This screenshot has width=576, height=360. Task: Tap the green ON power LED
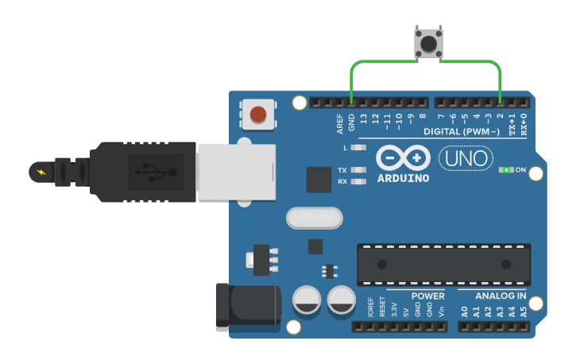tap(506, 170)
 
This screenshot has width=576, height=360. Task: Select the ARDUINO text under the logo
tap(403, 178)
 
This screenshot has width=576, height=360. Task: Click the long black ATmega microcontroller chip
tap(443, 264)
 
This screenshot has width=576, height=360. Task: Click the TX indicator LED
tap(359, 170)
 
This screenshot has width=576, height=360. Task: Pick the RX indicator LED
tap(359, 181)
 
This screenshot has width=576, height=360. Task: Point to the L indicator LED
tap(359, 148)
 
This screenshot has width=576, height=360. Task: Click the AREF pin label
tap(340, 123)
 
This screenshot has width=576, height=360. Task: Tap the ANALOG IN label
tap(501, 296)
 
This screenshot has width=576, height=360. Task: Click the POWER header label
tap(427, 296)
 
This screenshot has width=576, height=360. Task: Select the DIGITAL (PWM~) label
tap(462, 131)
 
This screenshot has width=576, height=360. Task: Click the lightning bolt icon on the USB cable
tap(42, 171)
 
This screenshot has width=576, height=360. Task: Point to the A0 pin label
tap(464, 312)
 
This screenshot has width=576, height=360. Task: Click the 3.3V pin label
tap(394, 309)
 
